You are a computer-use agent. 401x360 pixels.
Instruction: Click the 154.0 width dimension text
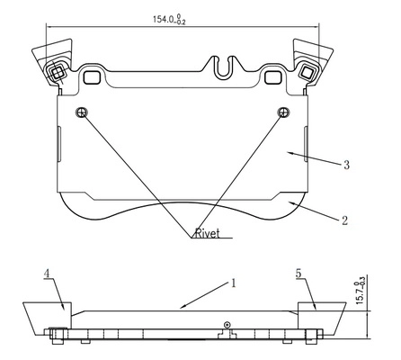[x=169, y=19]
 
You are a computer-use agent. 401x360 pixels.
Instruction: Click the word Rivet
[x=208, y=233]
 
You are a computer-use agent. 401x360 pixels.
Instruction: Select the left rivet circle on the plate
[x=82, y=112]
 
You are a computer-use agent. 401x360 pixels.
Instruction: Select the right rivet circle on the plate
[x=283, y=112]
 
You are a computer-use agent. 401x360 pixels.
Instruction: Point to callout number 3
[x=346, y=165]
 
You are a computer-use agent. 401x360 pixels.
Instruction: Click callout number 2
[x=345, y=220]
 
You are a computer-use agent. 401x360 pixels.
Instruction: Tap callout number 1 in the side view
[x=234, y=283]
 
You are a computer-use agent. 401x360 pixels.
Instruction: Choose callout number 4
[x=47, y=274]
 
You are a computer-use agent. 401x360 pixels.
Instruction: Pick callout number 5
[x=299, y=274]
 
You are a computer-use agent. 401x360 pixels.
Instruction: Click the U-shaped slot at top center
[x=223, y=67]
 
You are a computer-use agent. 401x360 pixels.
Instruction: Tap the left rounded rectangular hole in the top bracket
[x=91, y=77]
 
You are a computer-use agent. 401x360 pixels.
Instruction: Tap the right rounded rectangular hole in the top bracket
[x=272, y=77]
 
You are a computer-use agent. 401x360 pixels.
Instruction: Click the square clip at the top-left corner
[x=57, y=72]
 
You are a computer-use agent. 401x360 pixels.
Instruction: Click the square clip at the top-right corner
[x=307, y=72]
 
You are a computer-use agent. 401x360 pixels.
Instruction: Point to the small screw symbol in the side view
[x=227, y=325]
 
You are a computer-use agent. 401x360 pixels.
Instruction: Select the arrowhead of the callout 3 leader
[x=290, y=153]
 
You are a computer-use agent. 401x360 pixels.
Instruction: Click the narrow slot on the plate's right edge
[x=306, y=144]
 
